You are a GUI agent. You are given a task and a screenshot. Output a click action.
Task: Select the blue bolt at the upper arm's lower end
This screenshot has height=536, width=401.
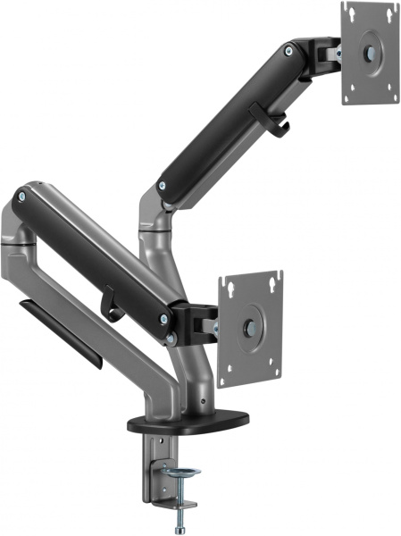(162, 187)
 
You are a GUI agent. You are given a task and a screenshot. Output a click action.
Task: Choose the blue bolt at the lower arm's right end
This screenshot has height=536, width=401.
(163, 318)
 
